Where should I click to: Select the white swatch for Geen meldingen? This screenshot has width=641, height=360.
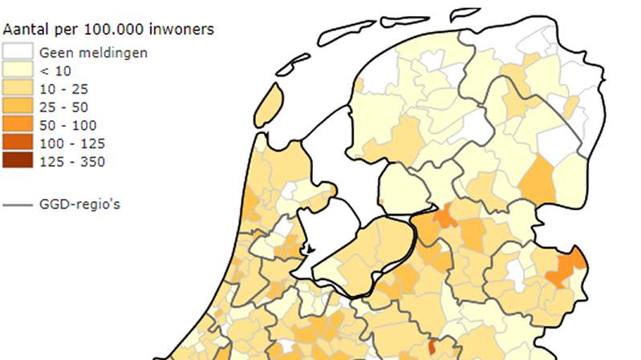(x=17, y=51)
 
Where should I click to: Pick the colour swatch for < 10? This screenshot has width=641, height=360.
(x=17, y=70)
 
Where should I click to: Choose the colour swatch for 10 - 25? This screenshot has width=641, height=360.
(x=17, y=88)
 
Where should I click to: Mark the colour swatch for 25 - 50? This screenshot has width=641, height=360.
(x=17, y=107)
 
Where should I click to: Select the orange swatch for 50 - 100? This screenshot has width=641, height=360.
(x=17, y=125)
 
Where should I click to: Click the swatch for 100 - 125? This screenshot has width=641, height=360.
(x=17, y=144)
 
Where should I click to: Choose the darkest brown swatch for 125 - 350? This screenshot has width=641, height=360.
(x=17, y=162)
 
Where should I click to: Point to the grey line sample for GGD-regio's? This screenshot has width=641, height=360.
(x=17, y=204)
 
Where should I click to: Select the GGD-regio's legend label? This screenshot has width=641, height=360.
(x=79, y=204)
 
